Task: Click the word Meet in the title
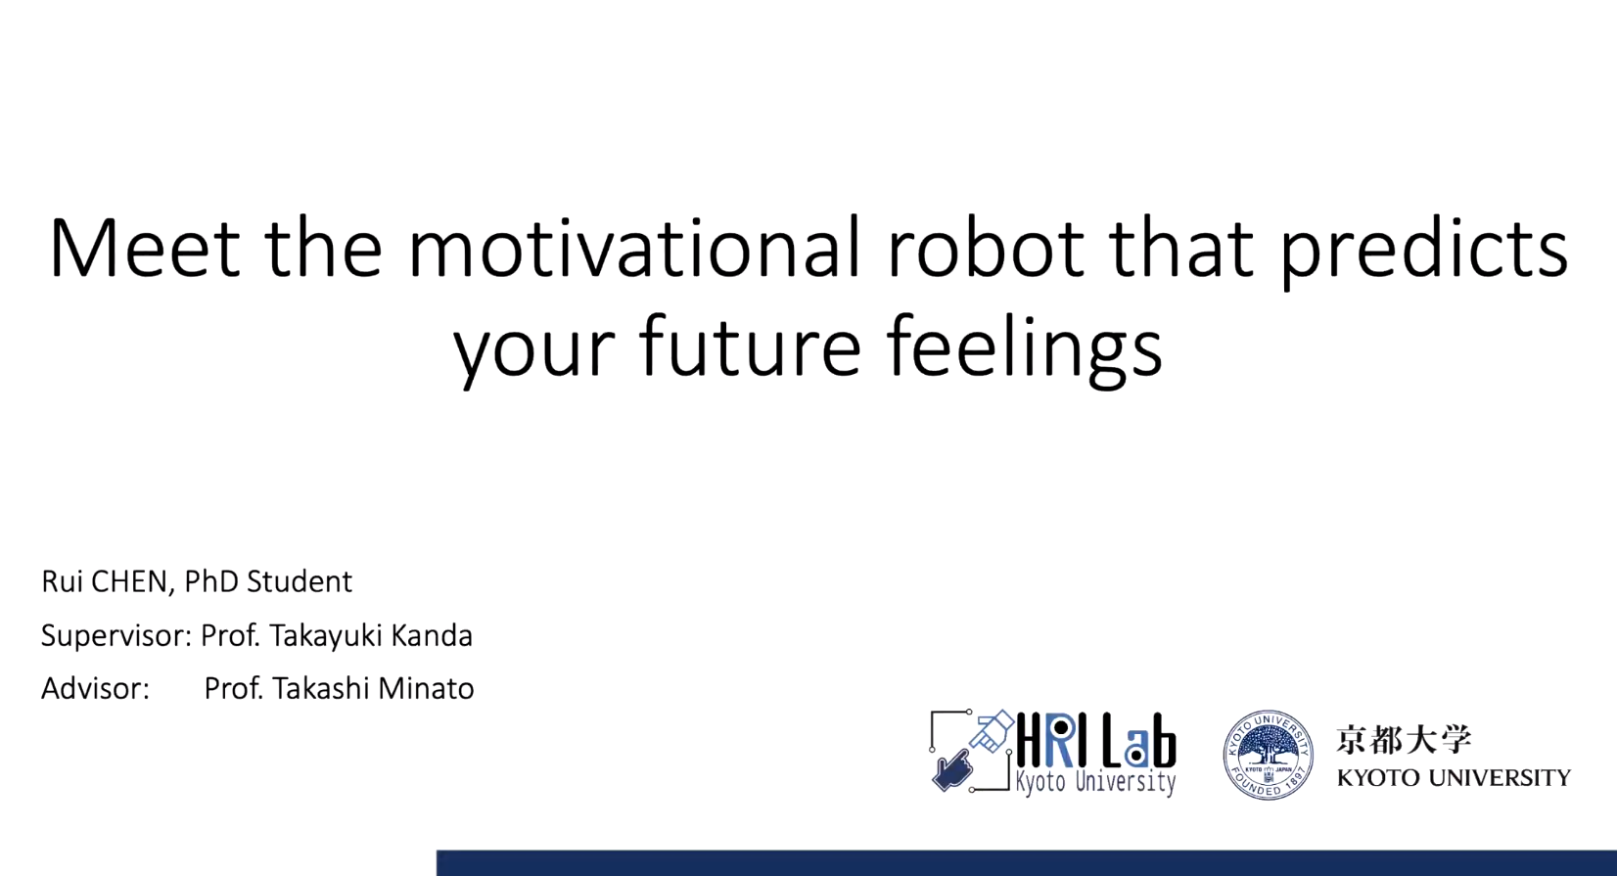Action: [145, 247]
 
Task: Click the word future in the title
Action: [750, 346]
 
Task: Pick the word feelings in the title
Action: [1025, 350]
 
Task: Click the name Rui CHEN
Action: [105, 581]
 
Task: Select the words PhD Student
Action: [268, 581]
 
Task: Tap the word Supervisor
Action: [115, 636]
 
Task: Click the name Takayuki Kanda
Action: [371, 636]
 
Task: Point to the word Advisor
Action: [95, 688]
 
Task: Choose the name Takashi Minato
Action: [373, 688]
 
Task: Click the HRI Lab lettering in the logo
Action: [1096, 741]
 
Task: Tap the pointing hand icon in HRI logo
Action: [951, 770]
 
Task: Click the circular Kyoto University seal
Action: [1269, 755]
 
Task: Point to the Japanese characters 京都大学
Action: [1404, 740]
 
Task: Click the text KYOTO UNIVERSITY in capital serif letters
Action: [1454, 778]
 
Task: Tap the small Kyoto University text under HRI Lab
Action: [1096, 782]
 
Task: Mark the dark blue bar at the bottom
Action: [1027, 863]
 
